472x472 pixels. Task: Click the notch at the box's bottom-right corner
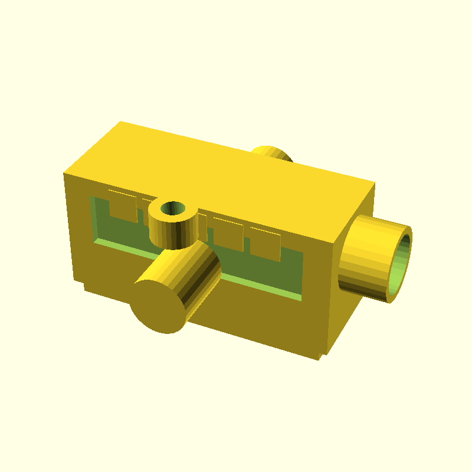click(322, 356)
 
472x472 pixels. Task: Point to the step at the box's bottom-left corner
click(86, 287)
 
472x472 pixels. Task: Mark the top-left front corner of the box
click(64, 173)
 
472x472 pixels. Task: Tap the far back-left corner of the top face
click(121, 122)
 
